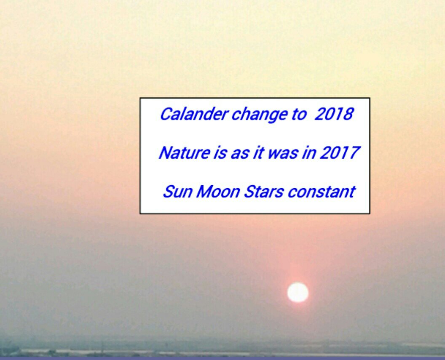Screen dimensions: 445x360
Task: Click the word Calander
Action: [x=194, y=114]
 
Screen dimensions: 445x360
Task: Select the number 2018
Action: [x=334, y=114]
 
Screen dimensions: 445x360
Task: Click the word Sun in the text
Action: [x=178, y=192]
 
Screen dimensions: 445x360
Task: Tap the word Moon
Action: [x=218, y=192]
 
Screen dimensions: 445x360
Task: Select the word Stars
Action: [x=263, y=192]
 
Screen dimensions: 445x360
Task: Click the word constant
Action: [x=321, y=192]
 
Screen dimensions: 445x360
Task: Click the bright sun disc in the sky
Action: [x=298, y=293]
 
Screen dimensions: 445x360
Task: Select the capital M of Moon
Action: [x=205, y=192]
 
